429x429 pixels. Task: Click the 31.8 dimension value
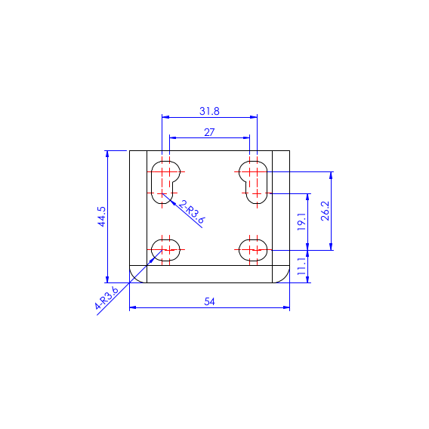point(209,111)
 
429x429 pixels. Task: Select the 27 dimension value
point(209,132)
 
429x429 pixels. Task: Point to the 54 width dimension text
point(209,301)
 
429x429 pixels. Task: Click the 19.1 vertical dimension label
point(301,221)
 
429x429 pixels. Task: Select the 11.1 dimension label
point(301,267)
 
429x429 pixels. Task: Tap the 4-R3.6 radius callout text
point(107,299)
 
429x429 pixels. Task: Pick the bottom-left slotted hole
point(166,249)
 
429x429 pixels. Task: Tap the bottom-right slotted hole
point(252,249)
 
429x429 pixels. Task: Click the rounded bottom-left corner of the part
point(137,275)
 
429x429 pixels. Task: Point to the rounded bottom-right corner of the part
point(282,275)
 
